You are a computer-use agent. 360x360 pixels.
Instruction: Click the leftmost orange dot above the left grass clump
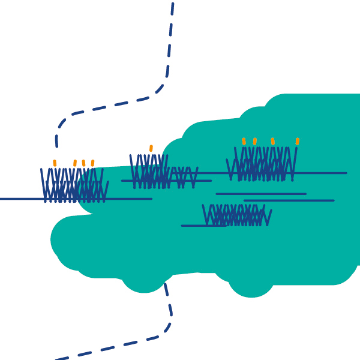tap(55, 163)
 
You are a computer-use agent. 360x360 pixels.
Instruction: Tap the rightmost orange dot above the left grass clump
tap(92, 163)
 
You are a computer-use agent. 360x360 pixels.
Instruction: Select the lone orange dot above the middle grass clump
tap(151, 148)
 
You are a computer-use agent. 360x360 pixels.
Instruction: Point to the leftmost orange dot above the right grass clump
tap(244, 141)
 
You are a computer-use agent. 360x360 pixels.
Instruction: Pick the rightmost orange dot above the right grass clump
tap(297, 141)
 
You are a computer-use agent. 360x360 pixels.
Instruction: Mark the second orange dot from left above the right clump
tap(255, 141)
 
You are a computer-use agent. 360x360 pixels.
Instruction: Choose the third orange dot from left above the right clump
tap(273, 141)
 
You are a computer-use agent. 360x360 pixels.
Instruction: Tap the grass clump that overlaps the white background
tap(73, 186)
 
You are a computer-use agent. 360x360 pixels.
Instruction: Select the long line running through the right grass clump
tap(324, 173)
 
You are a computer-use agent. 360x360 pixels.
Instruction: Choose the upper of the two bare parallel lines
tap(261, 194)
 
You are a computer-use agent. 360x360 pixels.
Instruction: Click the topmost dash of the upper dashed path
tap(172, 8)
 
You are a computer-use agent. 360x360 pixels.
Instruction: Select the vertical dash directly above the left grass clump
tap(56, 141)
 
